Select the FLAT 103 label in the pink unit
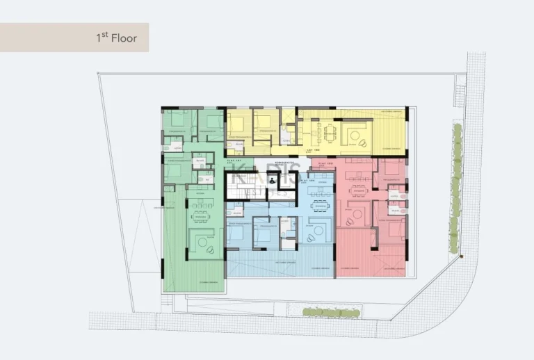[323, 164]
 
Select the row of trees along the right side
[456, 188]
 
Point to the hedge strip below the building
[331, 313]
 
